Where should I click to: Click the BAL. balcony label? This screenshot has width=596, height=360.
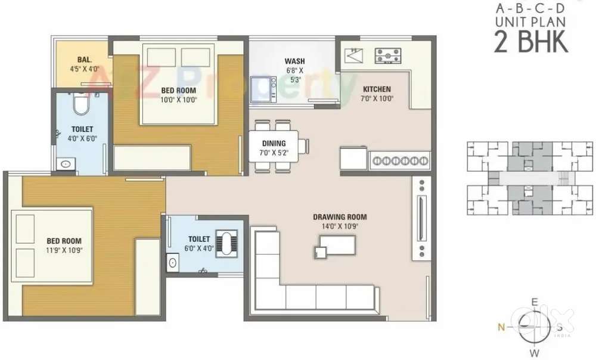tap(85, 60)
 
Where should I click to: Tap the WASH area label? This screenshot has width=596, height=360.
tap(294, 61)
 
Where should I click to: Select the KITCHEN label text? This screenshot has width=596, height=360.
tap(377, 89)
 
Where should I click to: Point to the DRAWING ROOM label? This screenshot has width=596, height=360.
tap(340, 217)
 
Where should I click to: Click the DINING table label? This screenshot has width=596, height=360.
tap(274, 143)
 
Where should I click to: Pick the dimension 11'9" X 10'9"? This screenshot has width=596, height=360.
tap(64, 250)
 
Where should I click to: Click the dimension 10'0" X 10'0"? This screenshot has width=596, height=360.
tap(179, 100)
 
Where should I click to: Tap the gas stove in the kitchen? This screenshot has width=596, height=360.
tap(388, 55)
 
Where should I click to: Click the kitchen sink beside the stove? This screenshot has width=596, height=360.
tap(354, 55)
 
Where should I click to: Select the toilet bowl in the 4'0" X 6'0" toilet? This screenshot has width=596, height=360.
tap(80, 103)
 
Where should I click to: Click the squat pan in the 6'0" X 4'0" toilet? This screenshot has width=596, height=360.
tap(226, 244)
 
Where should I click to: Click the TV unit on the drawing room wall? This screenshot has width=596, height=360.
tap(421, 219)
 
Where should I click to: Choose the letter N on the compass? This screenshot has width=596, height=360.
tap(502, 327)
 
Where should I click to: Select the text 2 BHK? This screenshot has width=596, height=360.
tap(531, 42)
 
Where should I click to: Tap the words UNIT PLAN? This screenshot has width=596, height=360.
tap(530, 22)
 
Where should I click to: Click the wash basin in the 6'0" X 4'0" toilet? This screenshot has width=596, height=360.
tap(173, 263)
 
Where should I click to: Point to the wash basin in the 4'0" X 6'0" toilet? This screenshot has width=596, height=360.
tap(66, 165)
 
